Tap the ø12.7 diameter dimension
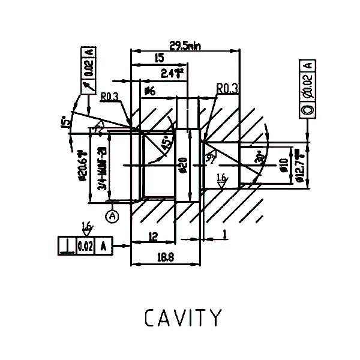pyautogui.click(x=298, y=163)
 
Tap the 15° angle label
pyautogui.click(x=65, y=123)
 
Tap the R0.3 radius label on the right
pyautogui.click(x=227, y=89)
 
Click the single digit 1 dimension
pyautogui.click(x=223, y=233)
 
